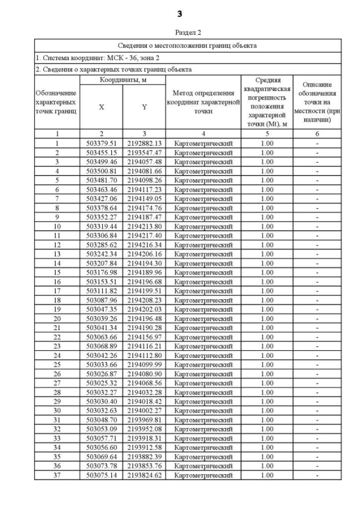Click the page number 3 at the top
tap(180, 13)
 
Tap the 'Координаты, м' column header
tap(123, 80)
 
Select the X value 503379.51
tap(101, 143)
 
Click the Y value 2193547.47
tap(144, 152)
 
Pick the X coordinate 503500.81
tap(101, 171)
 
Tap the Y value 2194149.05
tap(144, 199)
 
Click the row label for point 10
tap(57, 226)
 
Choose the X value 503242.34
tap(101, 254)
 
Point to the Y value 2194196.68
tap(144, 281)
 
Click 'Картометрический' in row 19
tap(203, 309)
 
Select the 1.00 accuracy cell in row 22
tap(267, 337)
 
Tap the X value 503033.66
tap(101, 364)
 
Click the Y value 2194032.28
tap(144, 392)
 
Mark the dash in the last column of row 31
tap(317, 420)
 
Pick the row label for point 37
tap(57, 475)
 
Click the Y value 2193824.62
tap(144, 475)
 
